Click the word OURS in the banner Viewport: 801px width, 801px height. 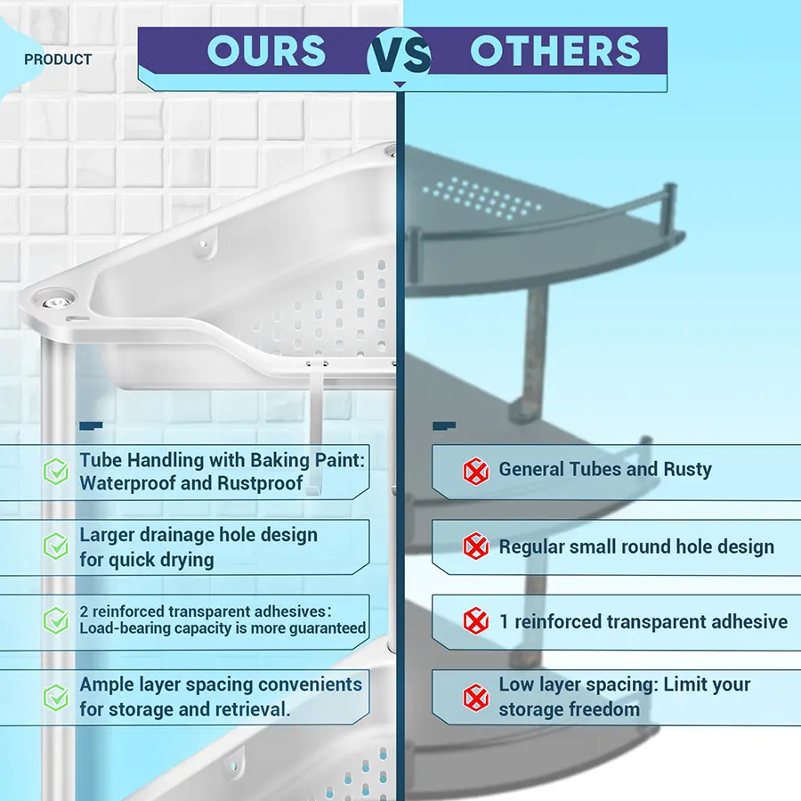pos(266,51)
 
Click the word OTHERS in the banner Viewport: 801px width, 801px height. pos(554,51)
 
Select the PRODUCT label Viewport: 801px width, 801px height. pos(58,60)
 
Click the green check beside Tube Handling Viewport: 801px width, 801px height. pos(56,471)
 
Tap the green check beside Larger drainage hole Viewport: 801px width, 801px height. pos(56,546)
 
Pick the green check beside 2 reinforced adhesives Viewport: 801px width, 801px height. pos(56,620)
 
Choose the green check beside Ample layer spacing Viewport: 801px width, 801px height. pos(56,697)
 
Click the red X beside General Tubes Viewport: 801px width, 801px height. pos(475,471)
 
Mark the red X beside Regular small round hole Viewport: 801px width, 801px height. pos(475,546)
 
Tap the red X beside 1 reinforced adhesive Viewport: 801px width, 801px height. pos(475,621)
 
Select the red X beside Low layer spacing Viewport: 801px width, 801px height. pos(475,698)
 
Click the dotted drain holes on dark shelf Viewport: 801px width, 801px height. pos(481,199)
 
